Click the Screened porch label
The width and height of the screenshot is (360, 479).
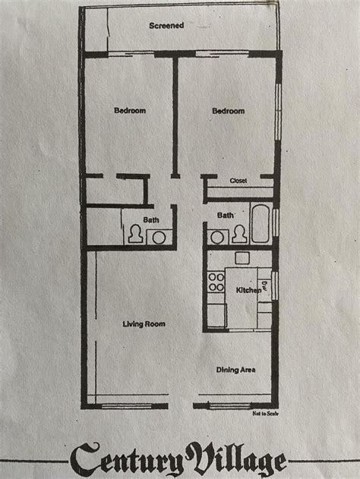tap(166, 25)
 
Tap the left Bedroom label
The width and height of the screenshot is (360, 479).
tap(130, 111)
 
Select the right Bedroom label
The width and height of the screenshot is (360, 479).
tap(228, 111)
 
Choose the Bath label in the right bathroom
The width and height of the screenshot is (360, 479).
tap(226, 215)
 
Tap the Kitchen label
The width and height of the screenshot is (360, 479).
tap(248, 291)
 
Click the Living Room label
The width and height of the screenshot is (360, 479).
tap(144, 324)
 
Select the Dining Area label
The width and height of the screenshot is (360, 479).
tap(235, 370)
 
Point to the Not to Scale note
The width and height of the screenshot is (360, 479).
tap(261, 413)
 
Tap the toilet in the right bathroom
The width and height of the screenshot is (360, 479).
tap(239, 235)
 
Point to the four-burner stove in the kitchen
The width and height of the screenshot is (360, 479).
tap(217, 282)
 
